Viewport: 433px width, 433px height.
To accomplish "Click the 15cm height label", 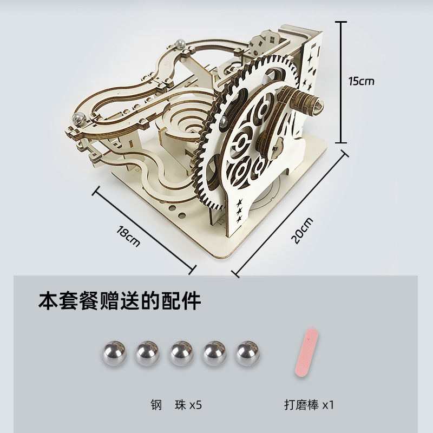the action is (361, 81).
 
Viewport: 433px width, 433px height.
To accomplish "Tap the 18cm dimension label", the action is (128, 237).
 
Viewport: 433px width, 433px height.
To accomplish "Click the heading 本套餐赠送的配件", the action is (120, 300).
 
